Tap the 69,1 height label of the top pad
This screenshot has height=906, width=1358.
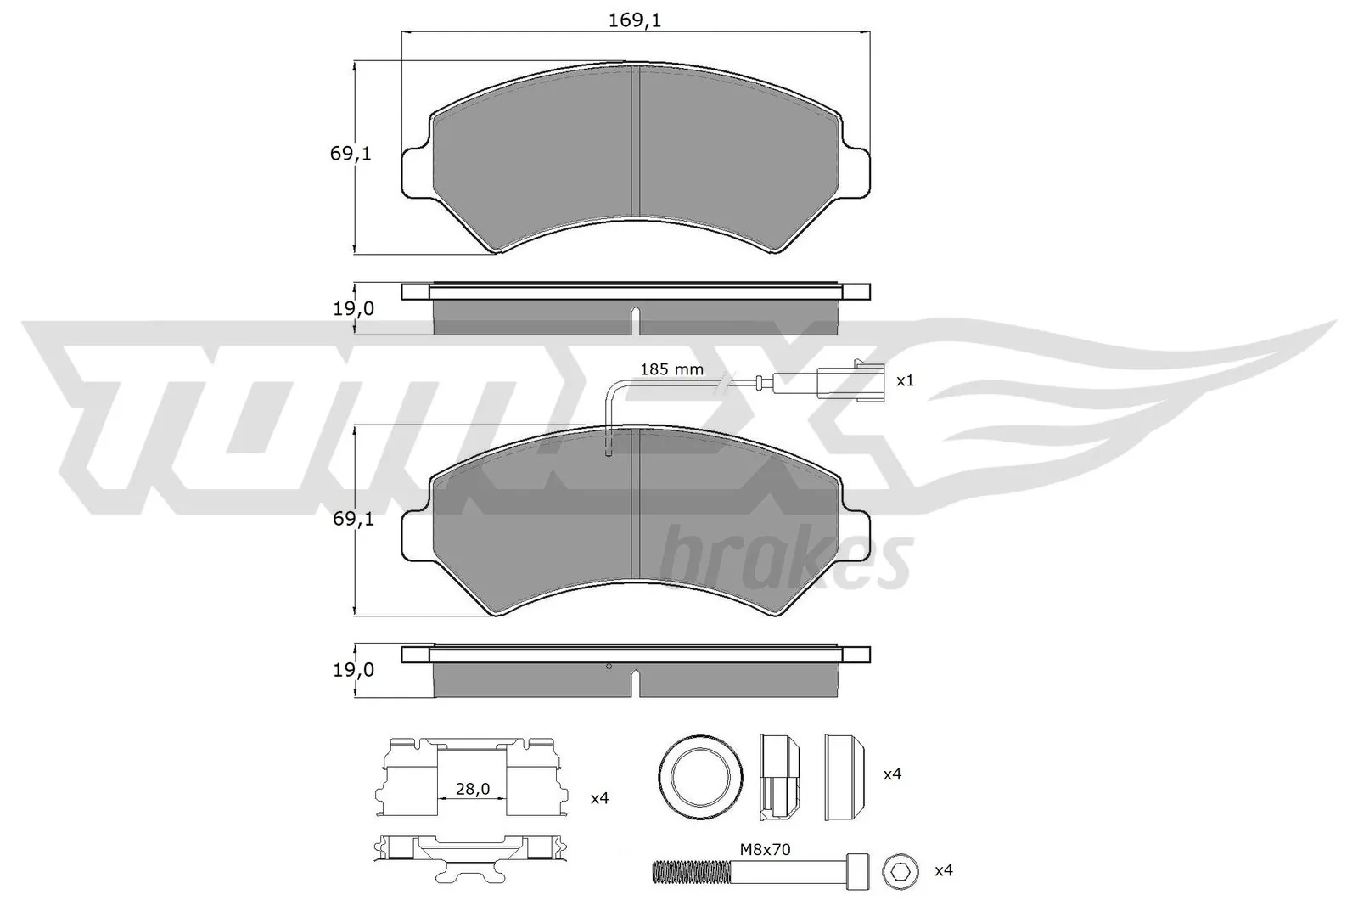[351, 155]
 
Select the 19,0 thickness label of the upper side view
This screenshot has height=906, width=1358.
[353, 309]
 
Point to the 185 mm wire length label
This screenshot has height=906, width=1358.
[671, 369]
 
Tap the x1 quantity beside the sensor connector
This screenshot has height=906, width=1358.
[905, 380]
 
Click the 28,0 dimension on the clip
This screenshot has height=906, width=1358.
[473, 789]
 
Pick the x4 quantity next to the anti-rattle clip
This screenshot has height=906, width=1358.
[599, 798]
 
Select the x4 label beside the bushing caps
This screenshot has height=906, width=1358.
[892, 774]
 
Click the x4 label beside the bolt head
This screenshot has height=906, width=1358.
[943, 870]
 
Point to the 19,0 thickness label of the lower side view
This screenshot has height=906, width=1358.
[353, 670]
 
